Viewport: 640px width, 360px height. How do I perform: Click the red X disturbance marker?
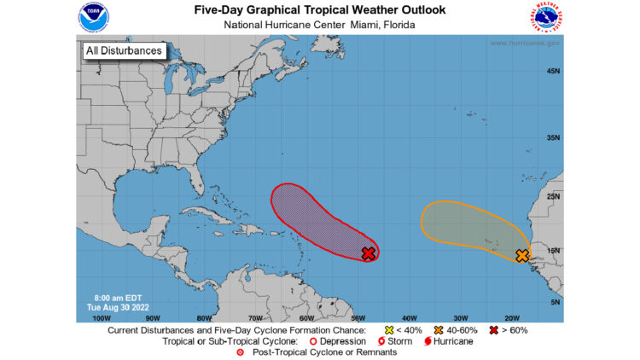(369, 253)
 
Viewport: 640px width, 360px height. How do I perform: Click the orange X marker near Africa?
(522, 255)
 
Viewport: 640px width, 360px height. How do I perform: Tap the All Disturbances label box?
(123, 50)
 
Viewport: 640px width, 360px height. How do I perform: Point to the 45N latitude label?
(552, 71)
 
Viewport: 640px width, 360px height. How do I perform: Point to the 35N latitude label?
(552, 137)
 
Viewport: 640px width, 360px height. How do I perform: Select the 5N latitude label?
(554, 302)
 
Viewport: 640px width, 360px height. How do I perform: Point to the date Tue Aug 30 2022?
(113, 305)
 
